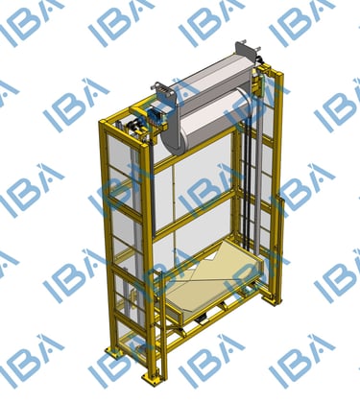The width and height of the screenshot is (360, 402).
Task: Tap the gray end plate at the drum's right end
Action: pyautogui.click(x=246, y=52)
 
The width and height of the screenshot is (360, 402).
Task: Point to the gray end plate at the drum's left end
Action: pyautogui.click(x=166, y=94)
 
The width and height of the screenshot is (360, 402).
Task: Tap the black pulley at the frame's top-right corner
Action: pyautogui.click(x=260, y=60)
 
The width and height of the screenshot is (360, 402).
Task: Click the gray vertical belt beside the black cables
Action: pyautogui.click(x=259, y=166)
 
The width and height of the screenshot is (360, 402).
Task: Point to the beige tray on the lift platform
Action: pyautogui.click(x=214, y=281)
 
